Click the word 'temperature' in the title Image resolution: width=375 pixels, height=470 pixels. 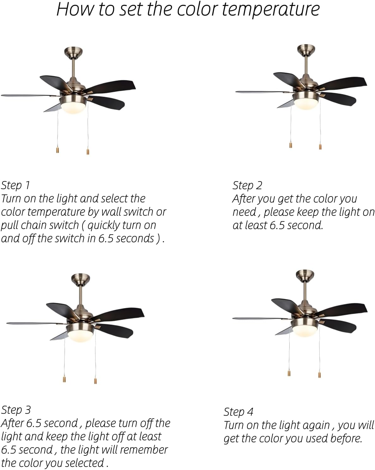pos(270,9)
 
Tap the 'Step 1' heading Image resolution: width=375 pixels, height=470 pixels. pos(15,185)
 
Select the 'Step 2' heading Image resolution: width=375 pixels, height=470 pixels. pos(247,185)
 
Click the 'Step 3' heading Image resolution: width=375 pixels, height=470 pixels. pos(16,410)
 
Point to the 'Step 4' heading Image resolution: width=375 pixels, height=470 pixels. pos(238,412)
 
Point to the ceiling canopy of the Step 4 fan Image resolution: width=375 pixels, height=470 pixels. pos(305,274)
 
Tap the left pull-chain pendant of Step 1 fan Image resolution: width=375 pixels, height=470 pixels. pos(58,150)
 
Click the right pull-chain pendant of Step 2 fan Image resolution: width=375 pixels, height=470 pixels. pos(320,146)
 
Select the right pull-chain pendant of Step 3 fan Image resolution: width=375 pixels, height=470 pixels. pos(95,380)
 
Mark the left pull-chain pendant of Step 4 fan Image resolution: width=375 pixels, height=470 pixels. pos(289,373)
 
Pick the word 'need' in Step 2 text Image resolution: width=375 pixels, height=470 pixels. pos(244,212)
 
